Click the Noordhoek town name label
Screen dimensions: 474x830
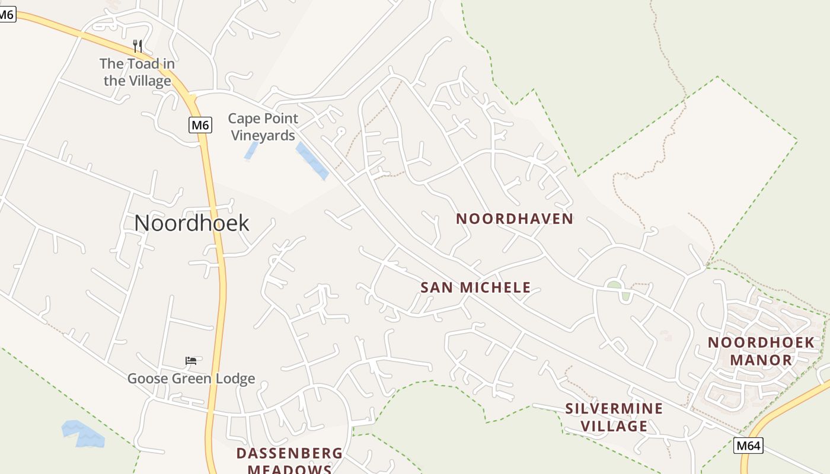click(191, 223)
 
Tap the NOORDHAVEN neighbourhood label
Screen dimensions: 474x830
click(514, 219)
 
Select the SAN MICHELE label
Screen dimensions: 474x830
click(475, 288)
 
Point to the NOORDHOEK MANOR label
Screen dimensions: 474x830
click(761, 351)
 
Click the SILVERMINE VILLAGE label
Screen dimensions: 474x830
click(614, 417)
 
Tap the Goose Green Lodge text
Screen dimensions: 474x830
click(191, 378)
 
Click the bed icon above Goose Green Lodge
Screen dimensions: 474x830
click(191, 360)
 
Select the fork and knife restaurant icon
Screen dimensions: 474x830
click(137, 46)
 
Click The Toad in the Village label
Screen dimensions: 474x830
click(137, 72)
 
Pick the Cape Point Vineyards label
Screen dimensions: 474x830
click(263, 127)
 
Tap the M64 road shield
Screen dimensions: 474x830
click(748, 446)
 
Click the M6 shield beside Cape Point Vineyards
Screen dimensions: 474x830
click(200, 125)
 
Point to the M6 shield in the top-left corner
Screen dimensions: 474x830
click(6, 15)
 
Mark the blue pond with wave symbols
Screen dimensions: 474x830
click(83, 434)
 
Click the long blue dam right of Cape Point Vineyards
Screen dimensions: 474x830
click(312, 161)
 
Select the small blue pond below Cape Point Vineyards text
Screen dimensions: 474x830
click(251, 150)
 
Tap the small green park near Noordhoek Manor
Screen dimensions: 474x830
click(615, 286)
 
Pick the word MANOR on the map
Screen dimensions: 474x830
click(761, 360)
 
